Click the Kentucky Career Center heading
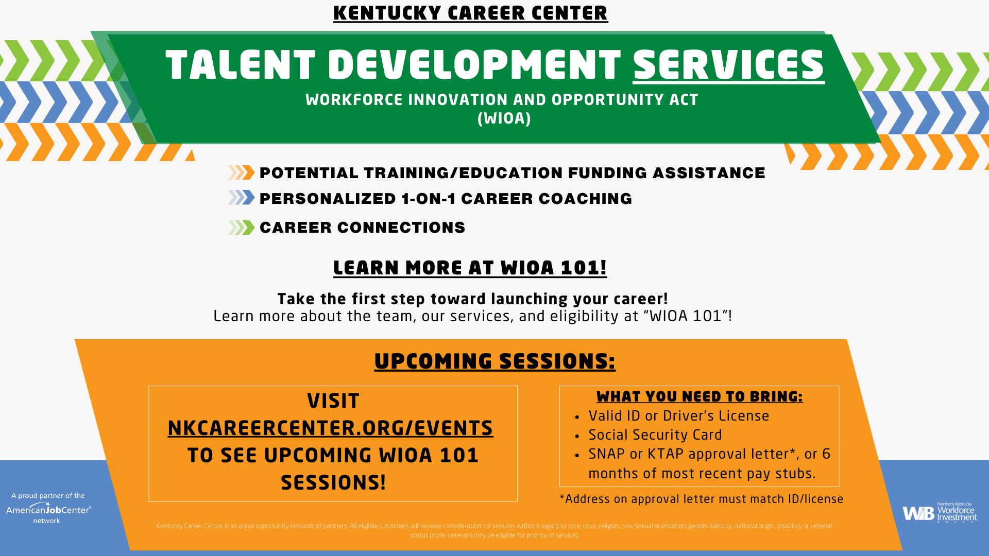tap(470, 13)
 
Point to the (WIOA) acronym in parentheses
tap(504, 118)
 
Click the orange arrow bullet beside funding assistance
tap(242, 172)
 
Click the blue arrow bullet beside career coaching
tap(242, 198)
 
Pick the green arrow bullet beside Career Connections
tap(242, 228)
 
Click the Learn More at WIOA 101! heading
tap(470, 268)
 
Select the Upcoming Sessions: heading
tap(494, 361)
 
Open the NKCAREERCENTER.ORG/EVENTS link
tap(330, 428)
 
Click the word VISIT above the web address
tap(333, 401)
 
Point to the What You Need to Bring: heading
tap(699, 396)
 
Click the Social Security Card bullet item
tap(655, 435)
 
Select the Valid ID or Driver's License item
tap(678, 416)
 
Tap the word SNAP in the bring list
tap(606, 454)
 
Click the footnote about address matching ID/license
tap(701, 499)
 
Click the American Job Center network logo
tap(48, 509)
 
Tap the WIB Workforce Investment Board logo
tap(939, 512)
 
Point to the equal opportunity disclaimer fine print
tap(494, 530)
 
